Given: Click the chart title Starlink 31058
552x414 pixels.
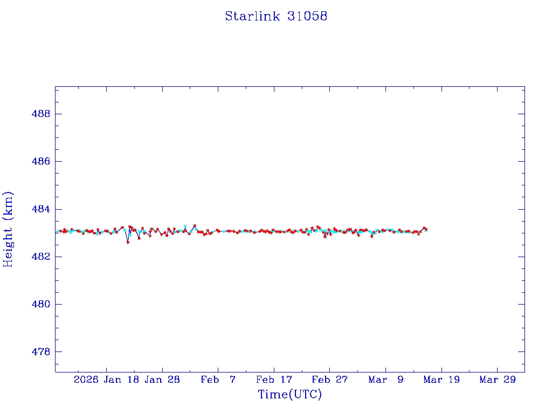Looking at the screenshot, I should coord(276,16).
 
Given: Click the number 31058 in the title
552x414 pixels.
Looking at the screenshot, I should coord(307,16).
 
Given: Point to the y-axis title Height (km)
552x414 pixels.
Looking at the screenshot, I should coord(8,229).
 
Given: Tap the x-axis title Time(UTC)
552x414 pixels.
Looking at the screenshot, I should coord(289,395).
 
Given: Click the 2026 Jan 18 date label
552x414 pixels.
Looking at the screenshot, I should coord(106,379).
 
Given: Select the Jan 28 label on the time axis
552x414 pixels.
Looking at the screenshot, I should coord(162,379).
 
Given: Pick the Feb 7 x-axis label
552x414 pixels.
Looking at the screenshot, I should coord(218,379).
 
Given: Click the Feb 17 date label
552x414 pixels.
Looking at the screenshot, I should coord(274,379).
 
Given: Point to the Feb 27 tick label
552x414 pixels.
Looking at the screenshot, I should coord(329,379).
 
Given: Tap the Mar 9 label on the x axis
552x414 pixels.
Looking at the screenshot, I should coord(385,379).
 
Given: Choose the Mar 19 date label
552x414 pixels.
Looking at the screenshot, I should coord(441,379).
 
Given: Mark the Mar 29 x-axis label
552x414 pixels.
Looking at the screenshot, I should coord(497,379).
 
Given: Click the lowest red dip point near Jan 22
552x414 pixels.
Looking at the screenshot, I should coord(128,242).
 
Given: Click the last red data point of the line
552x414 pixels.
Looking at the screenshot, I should coord(426,230).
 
